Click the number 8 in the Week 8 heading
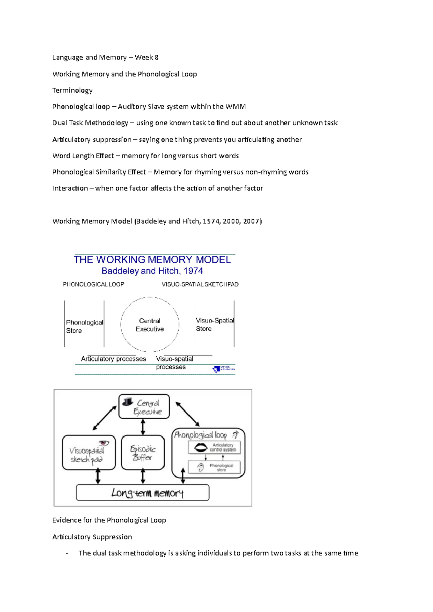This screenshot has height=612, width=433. (x=156, y=57)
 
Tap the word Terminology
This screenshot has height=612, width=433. (x=72, y=90)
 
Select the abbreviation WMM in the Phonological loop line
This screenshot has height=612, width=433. (x=235, y=106)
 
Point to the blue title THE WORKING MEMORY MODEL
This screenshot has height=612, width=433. (x=152, y=260)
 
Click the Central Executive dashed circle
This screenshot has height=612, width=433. (x=150, y=324)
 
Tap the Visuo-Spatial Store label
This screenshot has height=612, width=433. (x=214, y=324)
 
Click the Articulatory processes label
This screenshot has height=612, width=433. (x=113, y=359)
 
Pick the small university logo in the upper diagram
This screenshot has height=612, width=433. (x=224, y=369)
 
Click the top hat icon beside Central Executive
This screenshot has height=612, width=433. (x=127, y=402)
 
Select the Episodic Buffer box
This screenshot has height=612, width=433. (x=143, y=453)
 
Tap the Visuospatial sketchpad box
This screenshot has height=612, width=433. (x=88, y=453)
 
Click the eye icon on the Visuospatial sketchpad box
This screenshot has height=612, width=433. (x=104, y=443)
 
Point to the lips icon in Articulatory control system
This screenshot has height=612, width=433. (x=201, y=447)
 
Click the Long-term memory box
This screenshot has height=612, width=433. (x=143, y=493)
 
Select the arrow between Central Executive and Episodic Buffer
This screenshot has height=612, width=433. (x=143, y=427)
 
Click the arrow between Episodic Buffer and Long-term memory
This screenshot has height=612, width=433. (x=143, y=476)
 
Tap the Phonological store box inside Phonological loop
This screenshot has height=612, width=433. (x=214, y=467)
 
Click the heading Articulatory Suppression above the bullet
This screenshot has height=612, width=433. (x=92, y=537)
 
